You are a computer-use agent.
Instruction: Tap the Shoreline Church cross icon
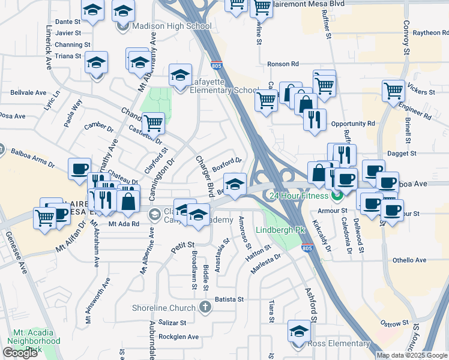click(205, 308)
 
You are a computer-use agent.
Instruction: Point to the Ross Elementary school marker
click(299, 331)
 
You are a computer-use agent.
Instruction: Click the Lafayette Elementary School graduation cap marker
click(179, 75)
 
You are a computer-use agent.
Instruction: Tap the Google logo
click(20, 353)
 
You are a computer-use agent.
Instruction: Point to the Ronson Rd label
click(283, 64)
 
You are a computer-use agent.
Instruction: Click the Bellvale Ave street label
click(28, 93)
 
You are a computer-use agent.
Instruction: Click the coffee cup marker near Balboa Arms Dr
click(79, 169)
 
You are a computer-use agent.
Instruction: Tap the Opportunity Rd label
click(353, 123)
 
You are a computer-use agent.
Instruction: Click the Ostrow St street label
click(395, 324)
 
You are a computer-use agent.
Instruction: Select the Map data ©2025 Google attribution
click(411, 355)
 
